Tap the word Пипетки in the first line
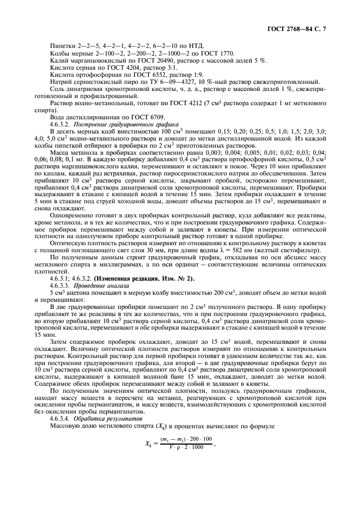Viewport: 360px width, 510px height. pyautogui.click(x=62, y=46)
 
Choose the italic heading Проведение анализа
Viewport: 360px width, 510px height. pyautogui.click(x=101, y=287)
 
